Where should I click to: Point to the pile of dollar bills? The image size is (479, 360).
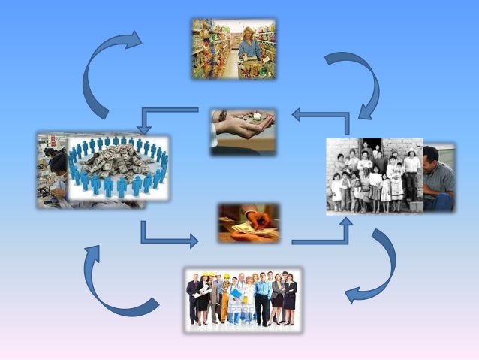click(118, 161)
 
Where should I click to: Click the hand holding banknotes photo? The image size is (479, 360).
click(249, 222)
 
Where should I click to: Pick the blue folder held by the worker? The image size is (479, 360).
click(236, 293)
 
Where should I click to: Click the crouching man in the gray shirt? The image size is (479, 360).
click(438, 179)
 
